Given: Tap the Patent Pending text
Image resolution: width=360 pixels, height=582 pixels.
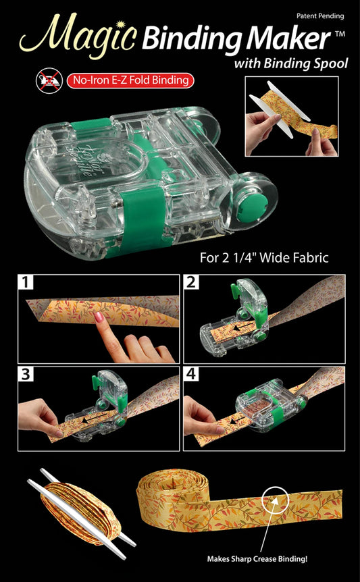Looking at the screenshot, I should tap(319, 15).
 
